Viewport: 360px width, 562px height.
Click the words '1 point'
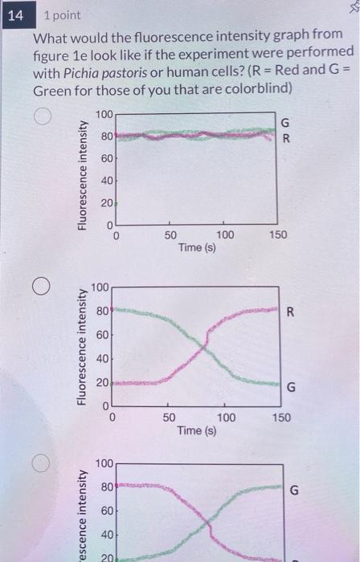pos(63,16)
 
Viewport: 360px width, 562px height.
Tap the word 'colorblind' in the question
pos(256,89)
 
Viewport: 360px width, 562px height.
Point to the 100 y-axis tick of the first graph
pos(104,116)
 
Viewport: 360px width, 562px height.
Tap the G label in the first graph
pos(282,122)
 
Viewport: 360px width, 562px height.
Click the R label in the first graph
pos(283,138)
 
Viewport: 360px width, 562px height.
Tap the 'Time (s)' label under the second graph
pos(198,430)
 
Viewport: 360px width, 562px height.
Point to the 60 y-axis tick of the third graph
pos(105,510)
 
